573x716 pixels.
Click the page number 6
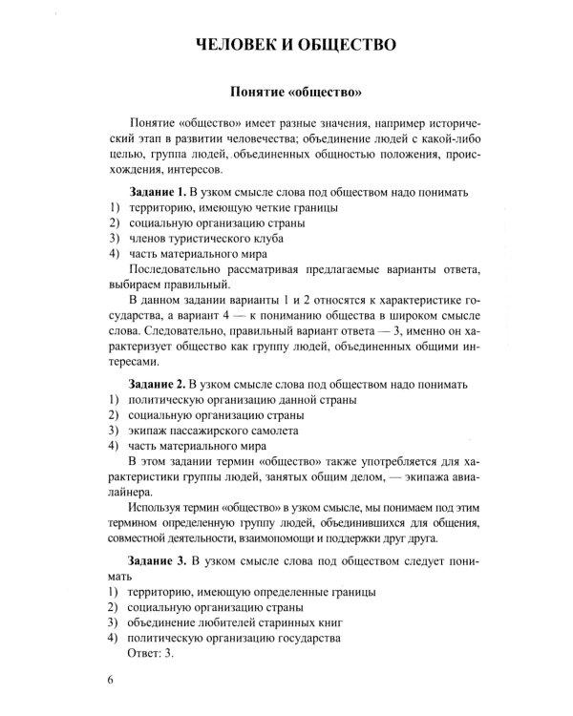pyautogui.click(x=111, y=680)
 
